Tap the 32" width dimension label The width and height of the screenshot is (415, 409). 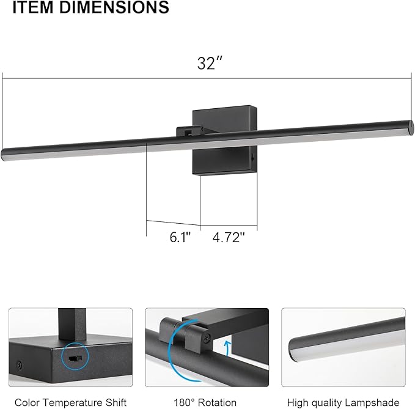click(x=208, y=64)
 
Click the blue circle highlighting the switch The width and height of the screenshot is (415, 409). click(x=76, y=357)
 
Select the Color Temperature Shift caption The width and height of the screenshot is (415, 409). click(x=71, y=402)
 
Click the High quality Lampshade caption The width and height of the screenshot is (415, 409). click(x=347, y=402)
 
